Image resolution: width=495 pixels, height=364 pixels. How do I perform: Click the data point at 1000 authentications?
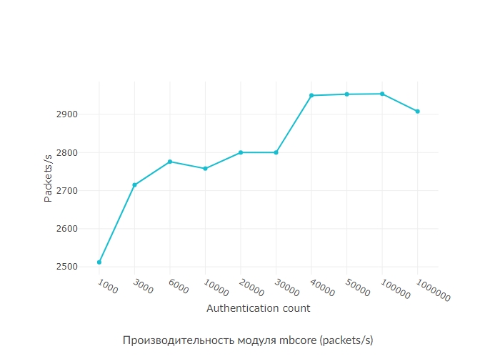click(99, 262)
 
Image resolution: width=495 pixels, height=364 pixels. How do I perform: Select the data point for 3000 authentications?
click(134, 185)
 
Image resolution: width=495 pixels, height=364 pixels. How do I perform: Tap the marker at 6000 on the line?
click(170, 162)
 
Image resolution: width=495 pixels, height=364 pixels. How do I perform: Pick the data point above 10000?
click(205, 169)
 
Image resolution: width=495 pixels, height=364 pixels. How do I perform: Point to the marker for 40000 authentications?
click(311, 95)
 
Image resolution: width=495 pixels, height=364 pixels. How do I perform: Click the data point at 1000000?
click(418, 112)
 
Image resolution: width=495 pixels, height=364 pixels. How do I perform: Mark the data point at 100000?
click(382, 94)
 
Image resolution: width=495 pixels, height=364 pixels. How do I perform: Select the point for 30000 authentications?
click(276, 152)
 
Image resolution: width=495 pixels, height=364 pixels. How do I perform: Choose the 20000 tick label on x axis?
click(251, 288)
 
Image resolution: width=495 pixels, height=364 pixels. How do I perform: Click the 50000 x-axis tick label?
click(358, 288)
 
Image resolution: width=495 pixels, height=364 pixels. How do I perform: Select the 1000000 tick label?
click(433, 290)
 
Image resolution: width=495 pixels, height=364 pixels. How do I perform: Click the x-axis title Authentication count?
click(258, 308)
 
